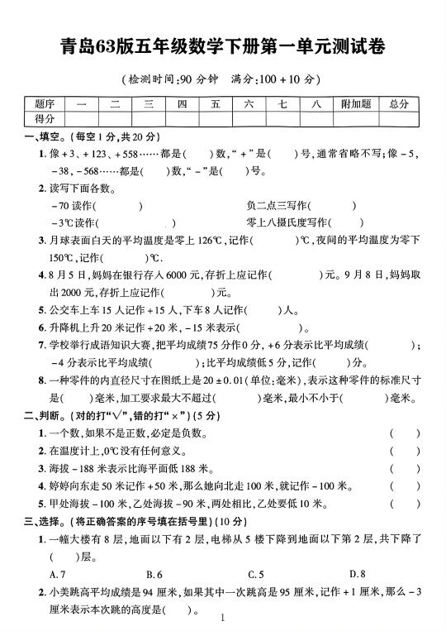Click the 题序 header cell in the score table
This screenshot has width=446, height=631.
[45, 103]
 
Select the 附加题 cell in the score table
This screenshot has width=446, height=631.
[355, 103]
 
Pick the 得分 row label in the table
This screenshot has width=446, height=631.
[45, 119]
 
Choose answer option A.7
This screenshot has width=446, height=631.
[58, 574]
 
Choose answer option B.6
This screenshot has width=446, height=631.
[154, 574]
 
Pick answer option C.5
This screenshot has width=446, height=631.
[256, 574]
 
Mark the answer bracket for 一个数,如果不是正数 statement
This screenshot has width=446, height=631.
[405, 433]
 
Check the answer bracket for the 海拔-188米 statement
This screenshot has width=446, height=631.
[405, 468]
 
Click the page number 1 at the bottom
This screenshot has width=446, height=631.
[223, 618]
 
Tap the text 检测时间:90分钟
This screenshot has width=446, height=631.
[169, 79]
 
